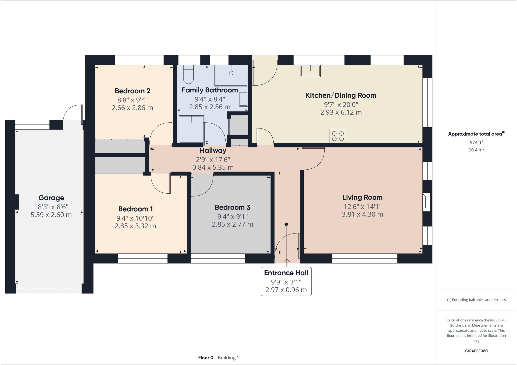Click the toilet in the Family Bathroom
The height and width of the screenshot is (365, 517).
[188, 75]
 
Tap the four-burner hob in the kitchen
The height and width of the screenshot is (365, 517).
[338, 136]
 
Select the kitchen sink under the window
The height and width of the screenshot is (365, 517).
[310, 71]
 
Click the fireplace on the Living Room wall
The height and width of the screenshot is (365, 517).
[426, 202]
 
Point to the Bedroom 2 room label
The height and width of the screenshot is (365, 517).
[132, 91]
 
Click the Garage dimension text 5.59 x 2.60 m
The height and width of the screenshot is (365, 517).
[51, 215]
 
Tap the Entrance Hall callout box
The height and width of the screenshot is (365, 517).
[286, 281]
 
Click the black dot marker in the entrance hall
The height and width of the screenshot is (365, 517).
[286, 224]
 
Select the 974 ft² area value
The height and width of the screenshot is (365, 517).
[476, 142]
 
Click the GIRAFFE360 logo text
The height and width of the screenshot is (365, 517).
[476, 351]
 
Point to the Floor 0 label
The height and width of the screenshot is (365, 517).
[205, 358]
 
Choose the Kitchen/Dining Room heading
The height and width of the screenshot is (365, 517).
[341, 95]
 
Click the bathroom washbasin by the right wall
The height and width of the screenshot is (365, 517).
[244, 99]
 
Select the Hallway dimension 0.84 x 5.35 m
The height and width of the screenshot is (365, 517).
[213, 167]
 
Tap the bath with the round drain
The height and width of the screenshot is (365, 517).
[231, 75]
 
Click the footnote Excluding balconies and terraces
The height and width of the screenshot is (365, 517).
[476, 300]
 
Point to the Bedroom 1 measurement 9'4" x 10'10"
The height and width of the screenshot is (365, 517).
[135, 218]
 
